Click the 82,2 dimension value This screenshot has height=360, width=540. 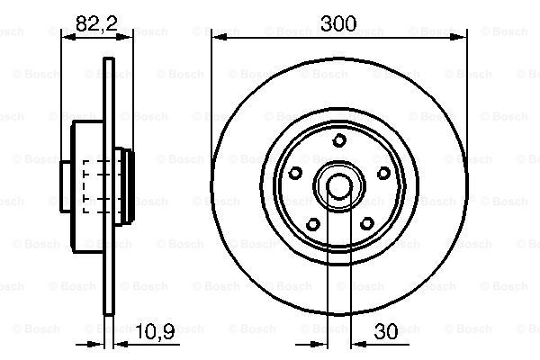97,23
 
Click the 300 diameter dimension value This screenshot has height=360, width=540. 338,23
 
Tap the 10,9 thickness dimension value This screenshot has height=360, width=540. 155,332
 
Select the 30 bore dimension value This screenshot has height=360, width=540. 386,332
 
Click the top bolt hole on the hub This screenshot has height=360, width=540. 339,140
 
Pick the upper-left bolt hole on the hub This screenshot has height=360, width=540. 295,173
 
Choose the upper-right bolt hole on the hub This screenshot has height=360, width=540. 383,173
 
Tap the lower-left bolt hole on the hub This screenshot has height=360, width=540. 312,225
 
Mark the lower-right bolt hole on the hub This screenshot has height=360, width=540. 367,224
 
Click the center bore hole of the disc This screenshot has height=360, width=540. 339,186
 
